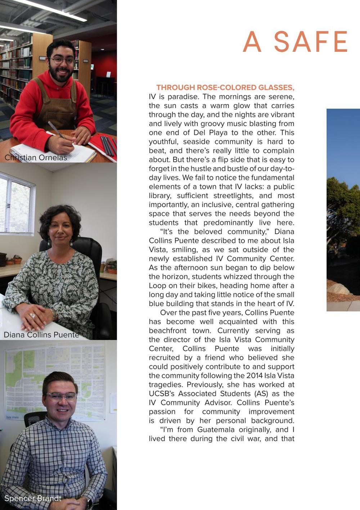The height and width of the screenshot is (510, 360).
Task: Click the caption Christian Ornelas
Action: (x=36, y=158)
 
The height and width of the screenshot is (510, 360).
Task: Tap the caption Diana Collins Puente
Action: (x=41, y=335)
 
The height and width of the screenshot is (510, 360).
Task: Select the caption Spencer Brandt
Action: (x=33, y=498)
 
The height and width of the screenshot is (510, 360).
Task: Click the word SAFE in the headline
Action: (x=311, y=42)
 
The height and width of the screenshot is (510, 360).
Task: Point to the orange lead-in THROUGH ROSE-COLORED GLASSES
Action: (x=225, y=87)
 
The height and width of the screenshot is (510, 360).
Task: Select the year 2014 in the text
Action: (x=254, y=376)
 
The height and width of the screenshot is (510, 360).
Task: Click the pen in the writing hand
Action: (x=56, y=130)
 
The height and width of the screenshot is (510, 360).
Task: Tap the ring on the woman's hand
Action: (x=32, y=316)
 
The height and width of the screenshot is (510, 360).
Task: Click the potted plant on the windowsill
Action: (x=17, y=259)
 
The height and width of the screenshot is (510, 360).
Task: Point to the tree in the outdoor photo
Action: (x=344, y=209)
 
